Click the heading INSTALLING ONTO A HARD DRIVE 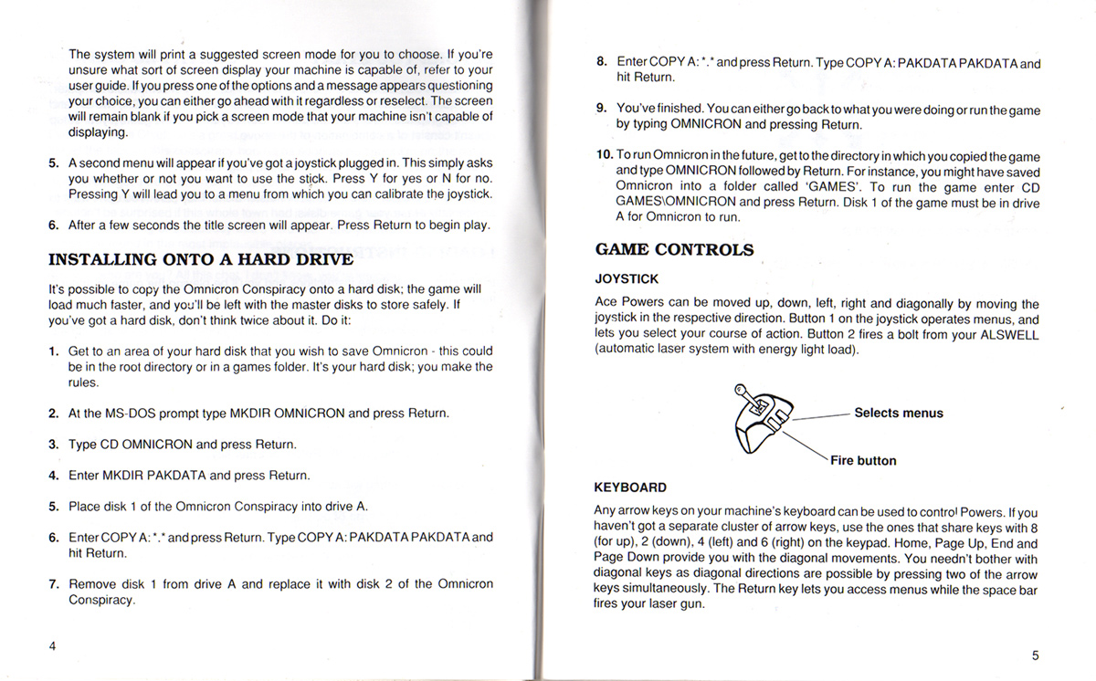click(x=200, y=259)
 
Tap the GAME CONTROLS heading click(x=674, y=249)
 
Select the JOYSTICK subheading click(x=626, y=278)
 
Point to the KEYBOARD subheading click(x=630, y=487)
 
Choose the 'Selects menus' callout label click(x=898, y=413)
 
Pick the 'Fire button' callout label click(x=863, y=460)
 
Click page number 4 click(x=53, y=645)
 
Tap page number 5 click(x=1035, y=655)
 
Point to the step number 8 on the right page click(x=602, y=63)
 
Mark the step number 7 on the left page click(x=54, y=584)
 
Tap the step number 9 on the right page click(x=602, y=110)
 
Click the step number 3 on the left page click(x=54, y=445)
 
